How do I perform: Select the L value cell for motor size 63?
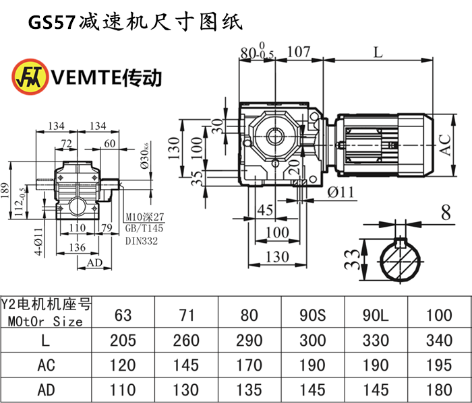coord(123,340)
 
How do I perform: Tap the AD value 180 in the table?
coord(439,390)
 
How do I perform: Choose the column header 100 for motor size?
coord(439,314)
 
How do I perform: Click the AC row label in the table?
coord(45,365)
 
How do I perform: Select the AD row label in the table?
coord(45,390)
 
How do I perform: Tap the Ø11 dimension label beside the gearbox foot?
coord(341,192)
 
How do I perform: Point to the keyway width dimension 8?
coord(446,214)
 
